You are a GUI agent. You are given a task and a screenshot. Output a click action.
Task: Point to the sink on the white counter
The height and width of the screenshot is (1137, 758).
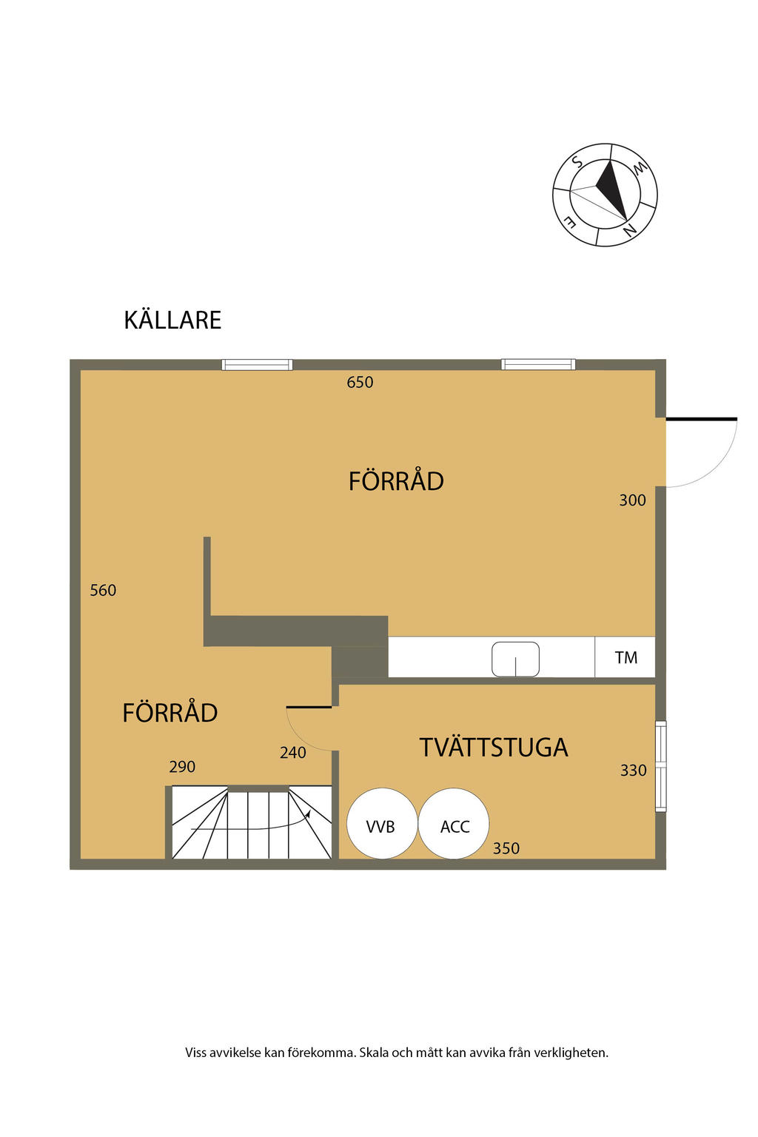(x=515, y=659)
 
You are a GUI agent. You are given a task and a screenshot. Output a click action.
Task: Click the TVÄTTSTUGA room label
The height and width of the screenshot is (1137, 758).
(x=494, y=748)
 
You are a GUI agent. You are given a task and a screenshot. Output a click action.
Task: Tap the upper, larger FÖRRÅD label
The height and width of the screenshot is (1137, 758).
(x=396, y=480)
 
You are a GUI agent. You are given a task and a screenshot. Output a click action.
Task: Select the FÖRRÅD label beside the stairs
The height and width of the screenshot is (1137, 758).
(x=170, y=712)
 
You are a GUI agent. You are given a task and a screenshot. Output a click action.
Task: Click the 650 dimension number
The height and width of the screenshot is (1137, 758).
(x=360, y=382)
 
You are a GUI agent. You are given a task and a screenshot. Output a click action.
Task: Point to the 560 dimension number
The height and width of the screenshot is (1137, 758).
(x=103, y=590)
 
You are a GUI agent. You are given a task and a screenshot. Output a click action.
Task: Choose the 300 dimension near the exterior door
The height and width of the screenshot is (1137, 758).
(x=633, y=500)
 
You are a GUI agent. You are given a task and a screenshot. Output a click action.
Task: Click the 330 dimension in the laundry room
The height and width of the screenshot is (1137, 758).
(x=634, y=770)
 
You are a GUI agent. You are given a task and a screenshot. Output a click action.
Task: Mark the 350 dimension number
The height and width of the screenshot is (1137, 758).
(x=506, y=848)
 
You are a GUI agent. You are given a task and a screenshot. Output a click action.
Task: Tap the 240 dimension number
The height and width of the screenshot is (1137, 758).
(x=293, y=752)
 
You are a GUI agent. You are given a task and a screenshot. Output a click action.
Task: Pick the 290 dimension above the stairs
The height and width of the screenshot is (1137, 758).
(x=182, y=766)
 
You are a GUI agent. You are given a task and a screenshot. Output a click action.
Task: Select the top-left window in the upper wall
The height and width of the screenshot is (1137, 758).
(x=258, y=364)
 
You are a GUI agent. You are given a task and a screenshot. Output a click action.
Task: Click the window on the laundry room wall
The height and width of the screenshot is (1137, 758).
(x=660, y=766)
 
